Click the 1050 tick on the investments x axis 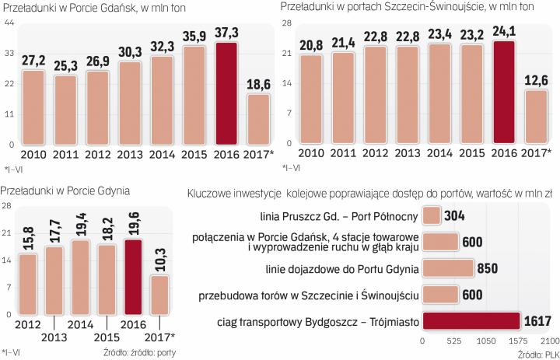point(486,341)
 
